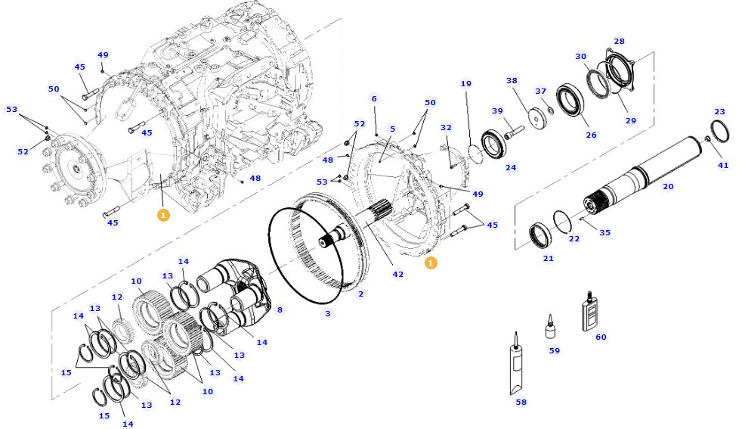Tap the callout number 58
(x=521, y=402)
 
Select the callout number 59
(x=555, y=350)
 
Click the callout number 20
(x=668, y=186)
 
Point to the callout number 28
(x=619, y=42)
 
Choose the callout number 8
(x=279, y=309)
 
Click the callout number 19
(x=466, y=84)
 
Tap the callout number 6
(x=373, y=99)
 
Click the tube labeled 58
(x=517, y=366)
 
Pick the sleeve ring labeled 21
(x=540, y=235)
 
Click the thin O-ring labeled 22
(x=561, y=222)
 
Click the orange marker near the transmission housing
(x=163, y=215)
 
